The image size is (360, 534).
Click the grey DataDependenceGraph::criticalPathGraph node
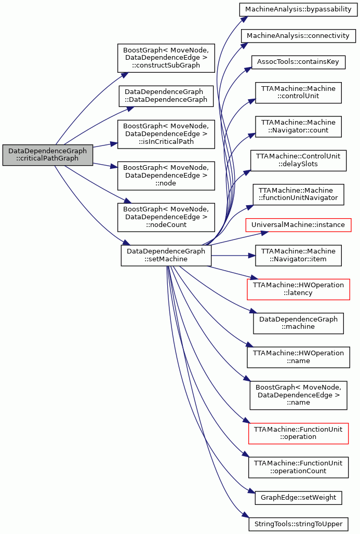click(48, 155)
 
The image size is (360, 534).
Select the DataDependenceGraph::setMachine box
click(166, 256)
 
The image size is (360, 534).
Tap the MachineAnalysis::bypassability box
click(298, 9)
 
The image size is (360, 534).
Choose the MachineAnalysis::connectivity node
click(298, 36)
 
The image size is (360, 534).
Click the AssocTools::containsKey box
click(298, 62)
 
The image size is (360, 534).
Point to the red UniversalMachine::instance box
click(298, 225)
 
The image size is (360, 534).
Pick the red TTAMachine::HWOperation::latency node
click(298, 289)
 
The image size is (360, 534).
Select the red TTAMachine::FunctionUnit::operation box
click(298, 433)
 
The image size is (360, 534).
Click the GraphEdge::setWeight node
click(298, 498)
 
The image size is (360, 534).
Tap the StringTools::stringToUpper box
click(298, 524)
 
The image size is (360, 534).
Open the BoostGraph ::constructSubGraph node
click(166, 58)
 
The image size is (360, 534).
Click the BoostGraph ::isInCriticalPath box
click(166, 134)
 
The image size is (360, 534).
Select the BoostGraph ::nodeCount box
click(166, 217)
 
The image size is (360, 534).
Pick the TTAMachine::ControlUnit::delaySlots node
click(298, 161)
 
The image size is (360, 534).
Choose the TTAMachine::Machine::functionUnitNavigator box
click(298, 194)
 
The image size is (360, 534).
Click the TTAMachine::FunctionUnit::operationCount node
click(298, 468)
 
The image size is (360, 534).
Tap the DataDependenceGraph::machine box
click(298, 323)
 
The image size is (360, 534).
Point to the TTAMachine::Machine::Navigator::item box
click(298, 256)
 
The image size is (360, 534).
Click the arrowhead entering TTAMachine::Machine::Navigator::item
click(253, 256)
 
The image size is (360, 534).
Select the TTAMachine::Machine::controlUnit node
click(298, 92)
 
